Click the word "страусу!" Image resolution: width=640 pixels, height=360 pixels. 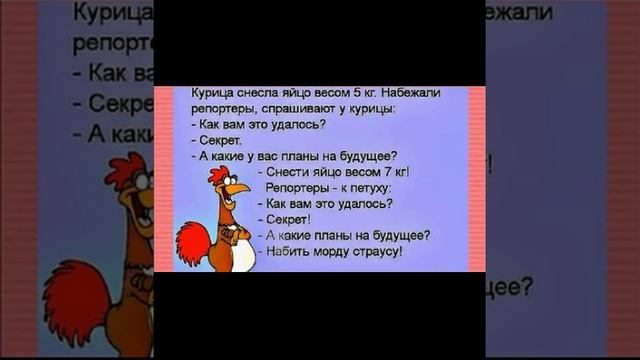tap(380, 251)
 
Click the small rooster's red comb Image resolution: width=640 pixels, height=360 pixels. tap(216, 174)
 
